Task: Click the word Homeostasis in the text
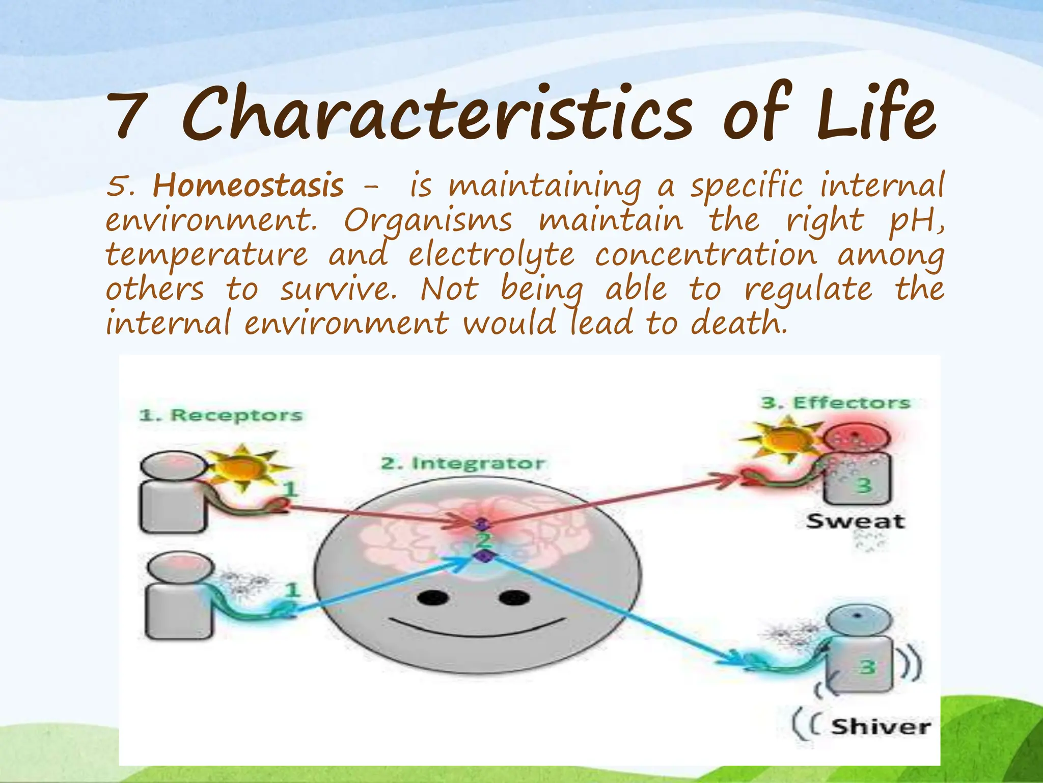point(248,186)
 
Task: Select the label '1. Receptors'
point(221,415)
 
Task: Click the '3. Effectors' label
point(836,403)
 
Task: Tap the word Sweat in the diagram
point(855,521)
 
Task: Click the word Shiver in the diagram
point(881,726)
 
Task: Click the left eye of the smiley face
point(432,597)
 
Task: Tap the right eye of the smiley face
point(514,597)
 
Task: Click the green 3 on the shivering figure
point(867,667)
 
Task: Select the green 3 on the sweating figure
point(864,485)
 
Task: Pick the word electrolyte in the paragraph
point(491,254)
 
